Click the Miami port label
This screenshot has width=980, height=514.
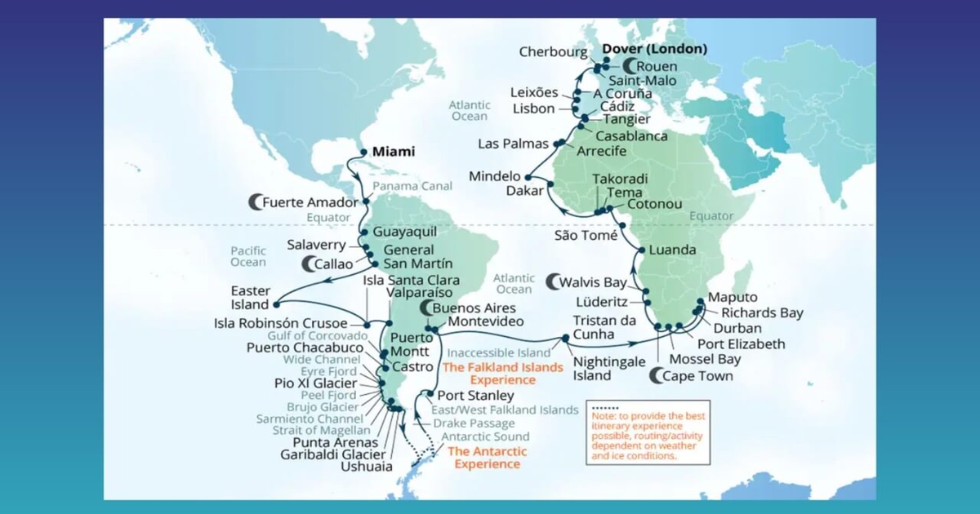(393, 152)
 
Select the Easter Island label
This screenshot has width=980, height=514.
(250, 297)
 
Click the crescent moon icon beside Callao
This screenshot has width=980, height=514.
(310, 264)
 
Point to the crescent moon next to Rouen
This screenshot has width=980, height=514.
(629, 66)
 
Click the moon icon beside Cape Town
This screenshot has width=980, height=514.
(657, 376)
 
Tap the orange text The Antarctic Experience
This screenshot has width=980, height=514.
(488, 458)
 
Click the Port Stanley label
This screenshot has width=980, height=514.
(476, 396)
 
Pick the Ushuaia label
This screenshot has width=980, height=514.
(367, 467)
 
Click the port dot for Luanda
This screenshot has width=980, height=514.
(643, 250)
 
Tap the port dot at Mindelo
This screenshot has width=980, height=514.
(528, 177)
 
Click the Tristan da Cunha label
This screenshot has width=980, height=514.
(604, 328)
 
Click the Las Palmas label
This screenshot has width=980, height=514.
(513, 144)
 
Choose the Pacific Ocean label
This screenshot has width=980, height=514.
(247, 256)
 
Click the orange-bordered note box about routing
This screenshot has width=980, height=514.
(648, 432)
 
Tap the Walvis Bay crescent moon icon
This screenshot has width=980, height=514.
(553, 282)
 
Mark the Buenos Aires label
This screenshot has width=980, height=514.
(474, 308)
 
